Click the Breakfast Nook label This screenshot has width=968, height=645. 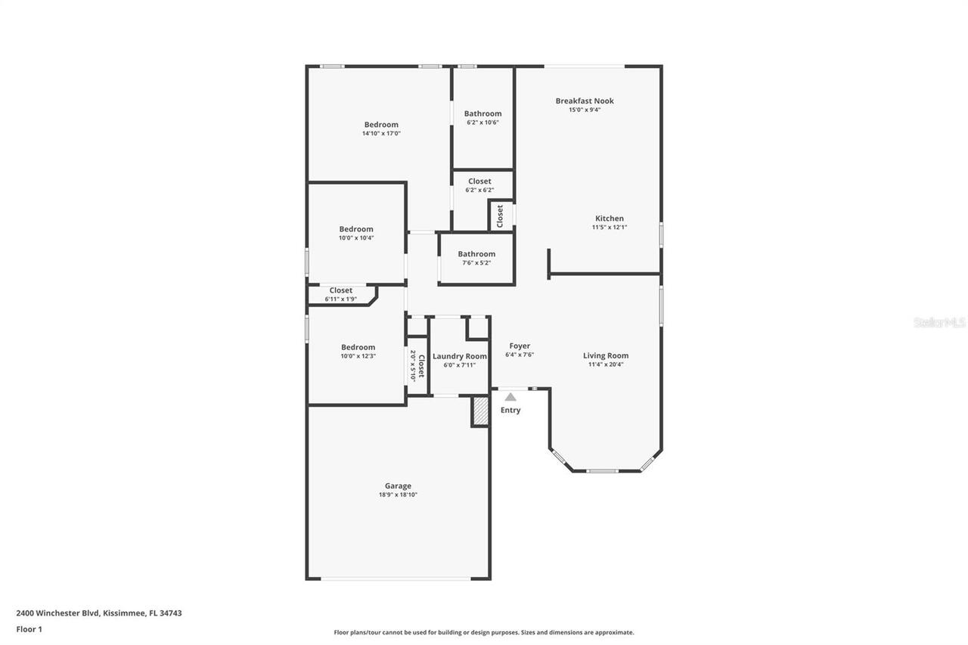(585, 101)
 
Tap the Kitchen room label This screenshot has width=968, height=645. (609, 219)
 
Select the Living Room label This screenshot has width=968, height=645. (606, 355)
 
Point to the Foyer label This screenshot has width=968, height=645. (520, 346)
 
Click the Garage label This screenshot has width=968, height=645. (398, 486)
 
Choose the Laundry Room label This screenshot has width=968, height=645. (460, 355)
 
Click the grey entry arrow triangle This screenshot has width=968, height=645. (510, 396)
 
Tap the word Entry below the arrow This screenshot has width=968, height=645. (510, 410)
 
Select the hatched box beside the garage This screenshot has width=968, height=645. (480, 411)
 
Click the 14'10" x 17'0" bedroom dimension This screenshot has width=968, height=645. (381, 133)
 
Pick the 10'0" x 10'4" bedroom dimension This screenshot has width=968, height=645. (356, 237)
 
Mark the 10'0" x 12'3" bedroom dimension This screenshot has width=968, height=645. (358, 355)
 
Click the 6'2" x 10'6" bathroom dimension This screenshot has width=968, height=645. (482, 122)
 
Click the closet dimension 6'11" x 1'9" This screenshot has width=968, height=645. (340, 299)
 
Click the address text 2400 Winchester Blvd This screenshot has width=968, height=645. (57, 613)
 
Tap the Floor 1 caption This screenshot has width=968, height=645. (29, 628)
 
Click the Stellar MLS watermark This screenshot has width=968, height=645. (939, 322)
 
